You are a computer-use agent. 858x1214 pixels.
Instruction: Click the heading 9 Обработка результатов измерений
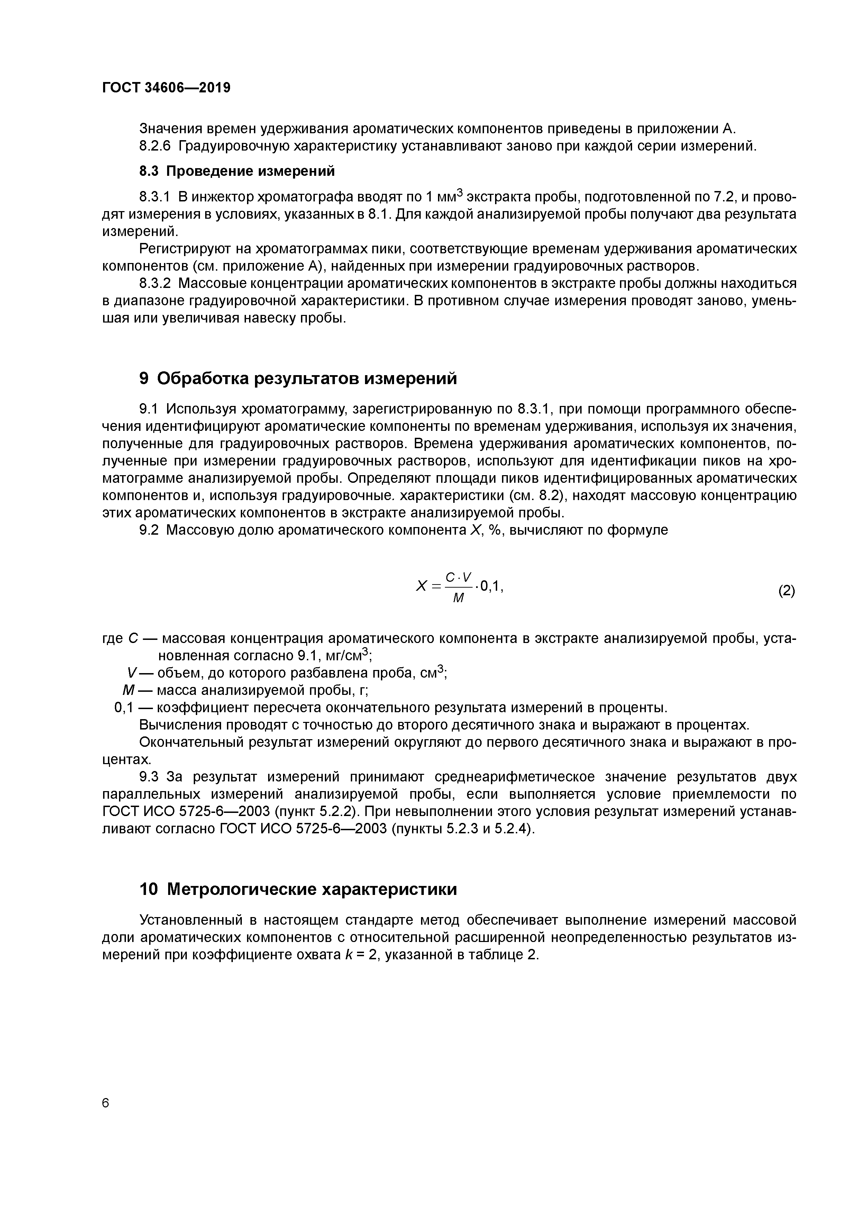pos(298,379)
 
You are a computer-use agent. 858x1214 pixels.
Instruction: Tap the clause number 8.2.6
pos(155,146)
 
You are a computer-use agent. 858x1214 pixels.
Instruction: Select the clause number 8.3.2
pos(155,283)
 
